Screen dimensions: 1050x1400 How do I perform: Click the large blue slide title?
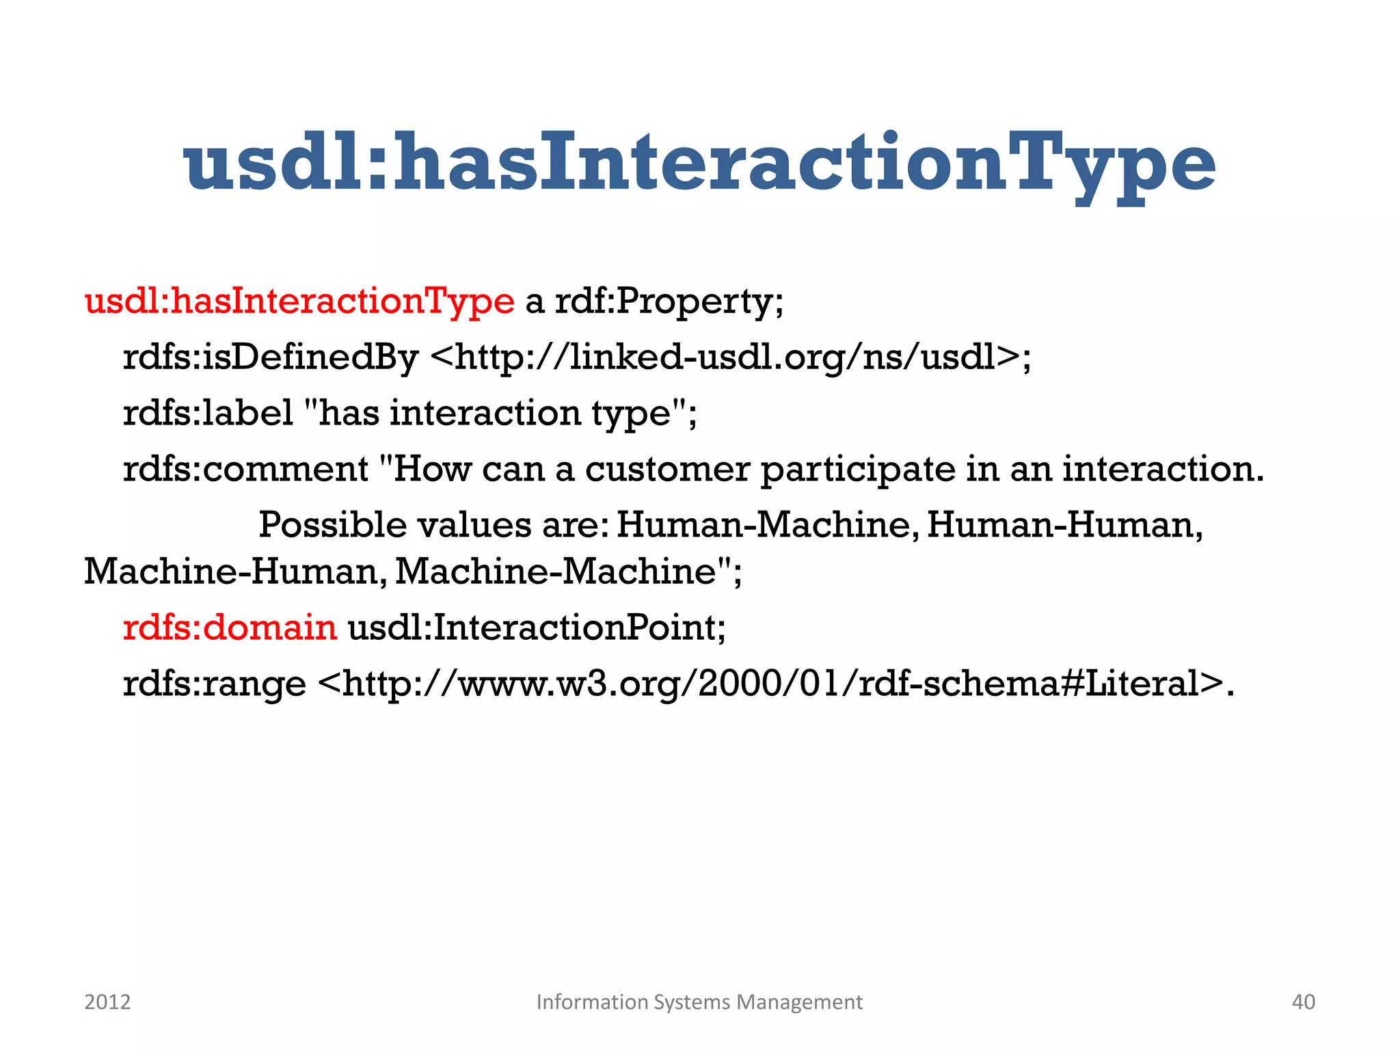(x=699, y=164)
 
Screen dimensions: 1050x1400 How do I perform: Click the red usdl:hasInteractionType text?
(x=299, y=301)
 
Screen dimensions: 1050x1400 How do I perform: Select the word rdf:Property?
(x=669, y=301)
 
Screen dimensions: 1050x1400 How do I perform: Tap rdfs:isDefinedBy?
(x=270, y=357)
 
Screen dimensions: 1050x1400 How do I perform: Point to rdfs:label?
(x=208, y=413)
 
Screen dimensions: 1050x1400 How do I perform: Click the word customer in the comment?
(x=667, y=469)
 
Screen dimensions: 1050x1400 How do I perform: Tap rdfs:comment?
(x=245, y=469)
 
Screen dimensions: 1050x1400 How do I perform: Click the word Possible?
(x=336, y=525)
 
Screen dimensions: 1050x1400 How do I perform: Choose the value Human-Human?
(x=1064, y=525)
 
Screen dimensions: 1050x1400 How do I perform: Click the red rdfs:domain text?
(x=230, y=627)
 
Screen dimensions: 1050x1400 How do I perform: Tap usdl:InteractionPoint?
(x=537, y=627)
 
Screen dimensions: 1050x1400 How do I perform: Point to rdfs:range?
(x=214, y=683)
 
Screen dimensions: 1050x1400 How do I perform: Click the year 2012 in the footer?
(x=107, y=1001)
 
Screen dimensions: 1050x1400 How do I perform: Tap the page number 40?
(x=1303, y=1001)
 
